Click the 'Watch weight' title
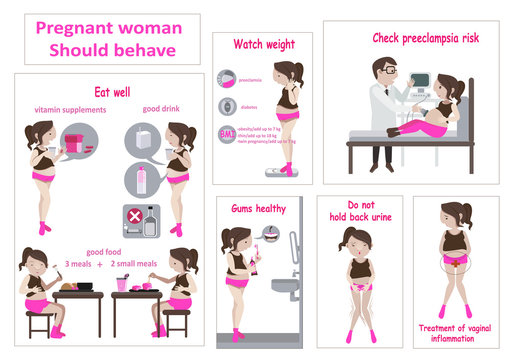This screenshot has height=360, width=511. [x=262, y=44]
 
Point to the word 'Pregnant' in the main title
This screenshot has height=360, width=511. [x=76, y=27]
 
